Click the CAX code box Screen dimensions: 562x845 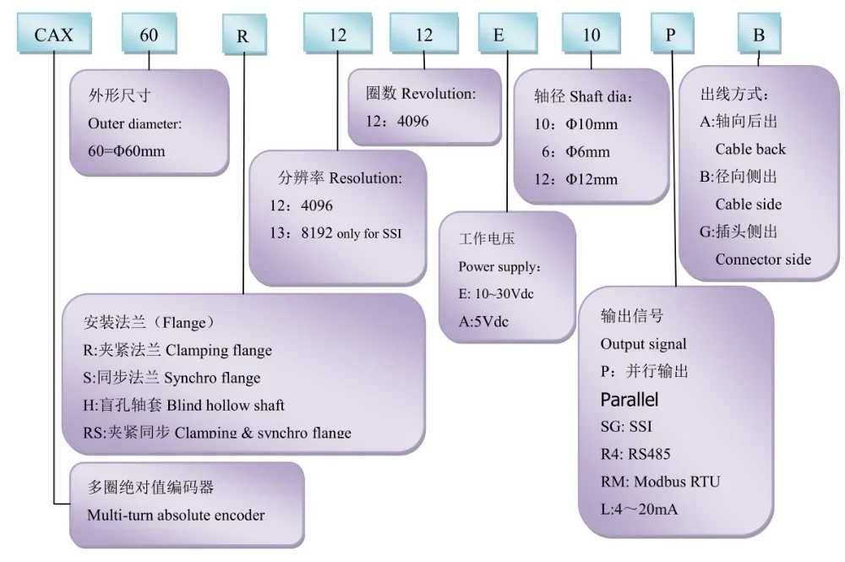point(55,36)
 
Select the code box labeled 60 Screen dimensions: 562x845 point(150,36)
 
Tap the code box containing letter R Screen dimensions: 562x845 point(243,36)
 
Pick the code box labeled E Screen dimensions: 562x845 point(507,35)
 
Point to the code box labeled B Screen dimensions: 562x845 point(759,35)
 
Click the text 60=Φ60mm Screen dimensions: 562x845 point(127,152)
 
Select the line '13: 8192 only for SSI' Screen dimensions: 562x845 point(335,233)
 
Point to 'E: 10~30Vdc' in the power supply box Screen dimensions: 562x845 point(496,293)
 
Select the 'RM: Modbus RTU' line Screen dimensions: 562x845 point(660,482)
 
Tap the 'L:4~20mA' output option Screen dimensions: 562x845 point(639,509)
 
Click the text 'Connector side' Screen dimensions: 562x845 point(763,259)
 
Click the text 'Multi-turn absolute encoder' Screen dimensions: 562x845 point(176,515)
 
